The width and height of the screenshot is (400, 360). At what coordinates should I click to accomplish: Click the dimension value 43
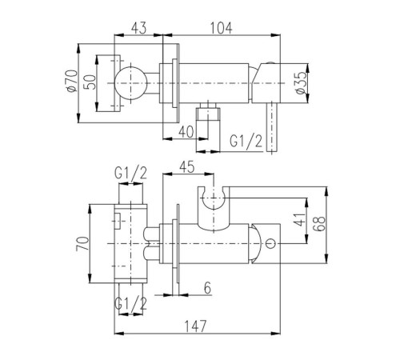click(x=139, y=28)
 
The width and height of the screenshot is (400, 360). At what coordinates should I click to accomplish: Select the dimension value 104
click(x=222, y=28)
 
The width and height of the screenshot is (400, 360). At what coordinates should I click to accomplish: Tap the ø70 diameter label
click(x=72, y=81)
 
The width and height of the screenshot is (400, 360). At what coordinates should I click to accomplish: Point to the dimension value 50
click(x=90, y=82)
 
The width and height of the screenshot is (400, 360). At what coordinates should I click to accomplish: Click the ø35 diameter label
click(x=301, y=82)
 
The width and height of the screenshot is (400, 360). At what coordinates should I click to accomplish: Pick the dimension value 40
click(x=186, y=131)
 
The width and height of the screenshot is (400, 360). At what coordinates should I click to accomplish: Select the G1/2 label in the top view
click(x=246, y=141)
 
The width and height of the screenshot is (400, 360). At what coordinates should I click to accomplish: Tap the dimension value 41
click(x=301, y=220)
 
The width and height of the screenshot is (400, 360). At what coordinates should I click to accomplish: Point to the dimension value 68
click(x=320, y=223)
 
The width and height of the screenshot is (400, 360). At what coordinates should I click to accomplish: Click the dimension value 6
click(x=207, y=288)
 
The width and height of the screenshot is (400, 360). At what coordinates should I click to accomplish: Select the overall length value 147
click(x=196, y=326)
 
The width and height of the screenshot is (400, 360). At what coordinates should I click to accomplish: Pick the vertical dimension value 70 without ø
click(x=82, y=243)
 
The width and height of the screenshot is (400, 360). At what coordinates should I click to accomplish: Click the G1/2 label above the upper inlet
click(x=130, y=173)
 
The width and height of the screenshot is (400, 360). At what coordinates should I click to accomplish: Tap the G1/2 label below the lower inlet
click(x=130, y=303)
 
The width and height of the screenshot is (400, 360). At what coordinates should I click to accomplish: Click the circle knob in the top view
click(x=131, y=83)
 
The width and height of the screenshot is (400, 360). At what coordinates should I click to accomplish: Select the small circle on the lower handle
click(x=270, y=243)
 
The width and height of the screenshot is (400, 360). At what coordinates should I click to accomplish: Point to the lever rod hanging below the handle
click(x=272, y=127)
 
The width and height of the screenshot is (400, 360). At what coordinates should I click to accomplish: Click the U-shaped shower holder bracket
click(x=214, y=209)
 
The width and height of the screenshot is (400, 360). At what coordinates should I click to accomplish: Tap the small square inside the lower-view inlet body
click(x=118, y=221)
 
